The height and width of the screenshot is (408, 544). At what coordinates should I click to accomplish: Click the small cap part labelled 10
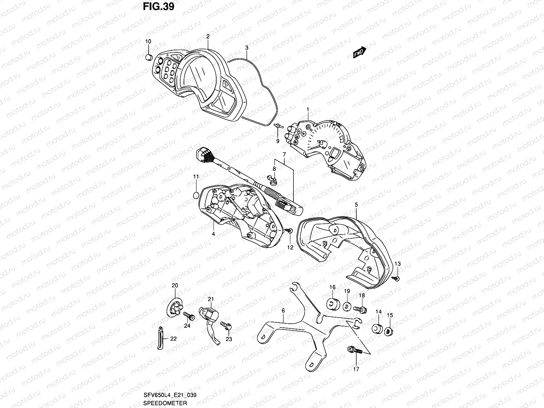tap(148, 56)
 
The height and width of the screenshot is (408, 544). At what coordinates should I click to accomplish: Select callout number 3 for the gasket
tap(247, 48)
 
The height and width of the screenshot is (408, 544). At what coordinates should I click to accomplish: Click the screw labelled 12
tap(289, 231)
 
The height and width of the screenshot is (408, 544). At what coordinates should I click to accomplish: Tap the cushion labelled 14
tap(377, 329)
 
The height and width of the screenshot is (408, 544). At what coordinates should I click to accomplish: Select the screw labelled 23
tap(225, 325)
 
